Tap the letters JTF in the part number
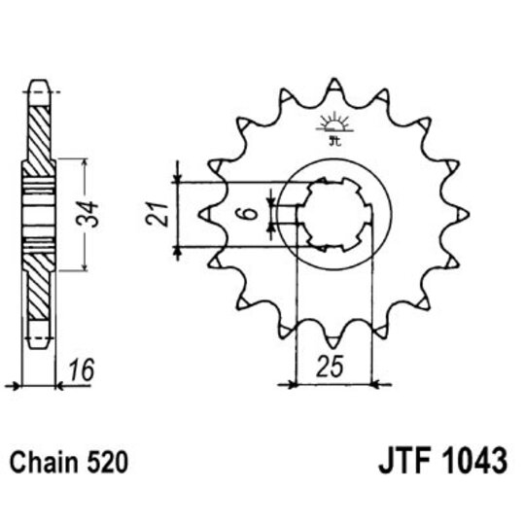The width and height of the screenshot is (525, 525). click(x=402, y=460)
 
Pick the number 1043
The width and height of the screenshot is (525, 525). click(x=474, y=460)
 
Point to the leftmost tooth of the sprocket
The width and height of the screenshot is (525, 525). click(x=207, y=212)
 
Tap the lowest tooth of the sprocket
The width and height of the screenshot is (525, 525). click(x=333, y=339)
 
